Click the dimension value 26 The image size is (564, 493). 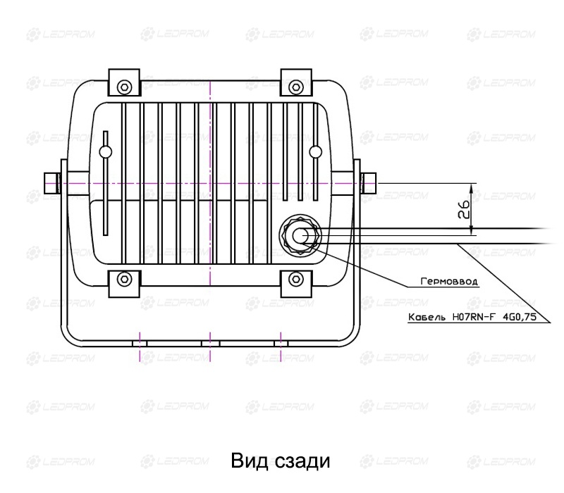(464, 209)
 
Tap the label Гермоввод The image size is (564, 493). (449, 281)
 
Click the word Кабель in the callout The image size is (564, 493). (427, 317)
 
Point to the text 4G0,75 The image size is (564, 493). (519, 317)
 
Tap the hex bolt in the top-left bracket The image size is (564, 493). (124, 87)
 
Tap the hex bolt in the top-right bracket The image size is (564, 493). (295, 87)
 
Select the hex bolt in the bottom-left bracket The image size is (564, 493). (124, 279)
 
